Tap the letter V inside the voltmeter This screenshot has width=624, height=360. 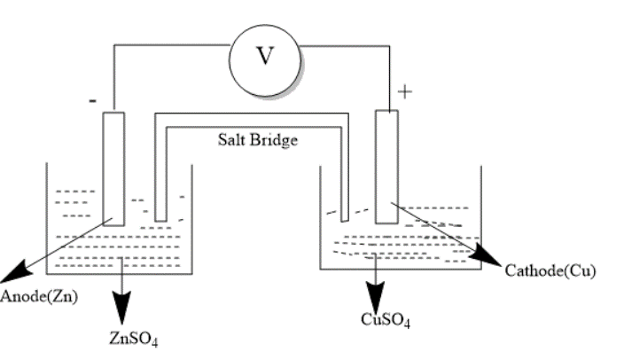[x=265, y=55]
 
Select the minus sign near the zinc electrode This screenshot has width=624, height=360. [x=92, y=101]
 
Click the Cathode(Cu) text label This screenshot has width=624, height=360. [x=550, y=270]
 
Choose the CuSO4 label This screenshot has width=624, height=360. [x=385, y=320]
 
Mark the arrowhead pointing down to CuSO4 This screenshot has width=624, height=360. [x=377, y=295]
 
